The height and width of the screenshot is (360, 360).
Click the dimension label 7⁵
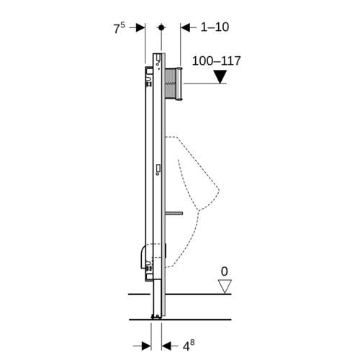[120, 28]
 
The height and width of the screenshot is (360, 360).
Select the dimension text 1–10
[215, 27]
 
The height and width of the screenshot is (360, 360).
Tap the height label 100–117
[216, 61]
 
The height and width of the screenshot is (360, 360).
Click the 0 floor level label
[224, 271]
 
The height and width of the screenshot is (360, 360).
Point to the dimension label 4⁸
[189, 346]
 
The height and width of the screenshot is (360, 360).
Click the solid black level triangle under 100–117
[220, 77]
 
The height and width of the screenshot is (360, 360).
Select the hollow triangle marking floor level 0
[225, 287]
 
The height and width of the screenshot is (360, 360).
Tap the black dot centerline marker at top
[161, 27]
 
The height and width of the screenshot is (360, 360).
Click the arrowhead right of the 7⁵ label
[140, 27]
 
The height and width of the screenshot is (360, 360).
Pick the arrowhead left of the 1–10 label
[185, 27]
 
